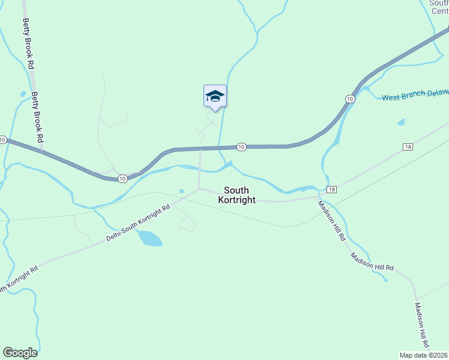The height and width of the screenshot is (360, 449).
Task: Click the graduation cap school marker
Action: click(215, 96)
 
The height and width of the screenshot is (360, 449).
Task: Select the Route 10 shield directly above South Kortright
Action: click(241, 147)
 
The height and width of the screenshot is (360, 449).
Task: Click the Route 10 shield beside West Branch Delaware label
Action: click(349, 98)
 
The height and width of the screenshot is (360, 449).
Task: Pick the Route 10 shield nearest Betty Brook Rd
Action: click(122, 178)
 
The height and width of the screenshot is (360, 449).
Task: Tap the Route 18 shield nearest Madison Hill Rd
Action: click(331, 190)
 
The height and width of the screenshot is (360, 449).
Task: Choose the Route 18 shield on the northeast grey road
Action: click(408, 147)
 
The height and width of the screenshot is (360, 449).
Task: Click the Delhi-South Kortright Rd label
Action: click(138, 222)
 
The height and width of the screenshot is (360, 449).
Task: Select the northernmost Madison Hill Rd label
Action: click(331, 220)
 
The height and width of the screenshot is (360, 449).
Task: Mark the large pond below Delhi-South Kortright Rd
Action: click(149, 239)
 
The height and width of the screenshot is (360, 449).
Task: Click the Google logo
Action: click(20, 353)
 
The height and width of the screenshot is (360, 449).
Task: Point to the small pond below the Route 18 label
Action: click(401, 122)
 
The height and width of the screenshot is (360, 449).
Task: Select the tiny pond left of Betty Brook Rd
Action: click(23, 94)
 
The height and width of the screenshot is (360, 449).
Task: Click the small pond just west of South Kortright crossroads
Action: click(181, 191)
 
